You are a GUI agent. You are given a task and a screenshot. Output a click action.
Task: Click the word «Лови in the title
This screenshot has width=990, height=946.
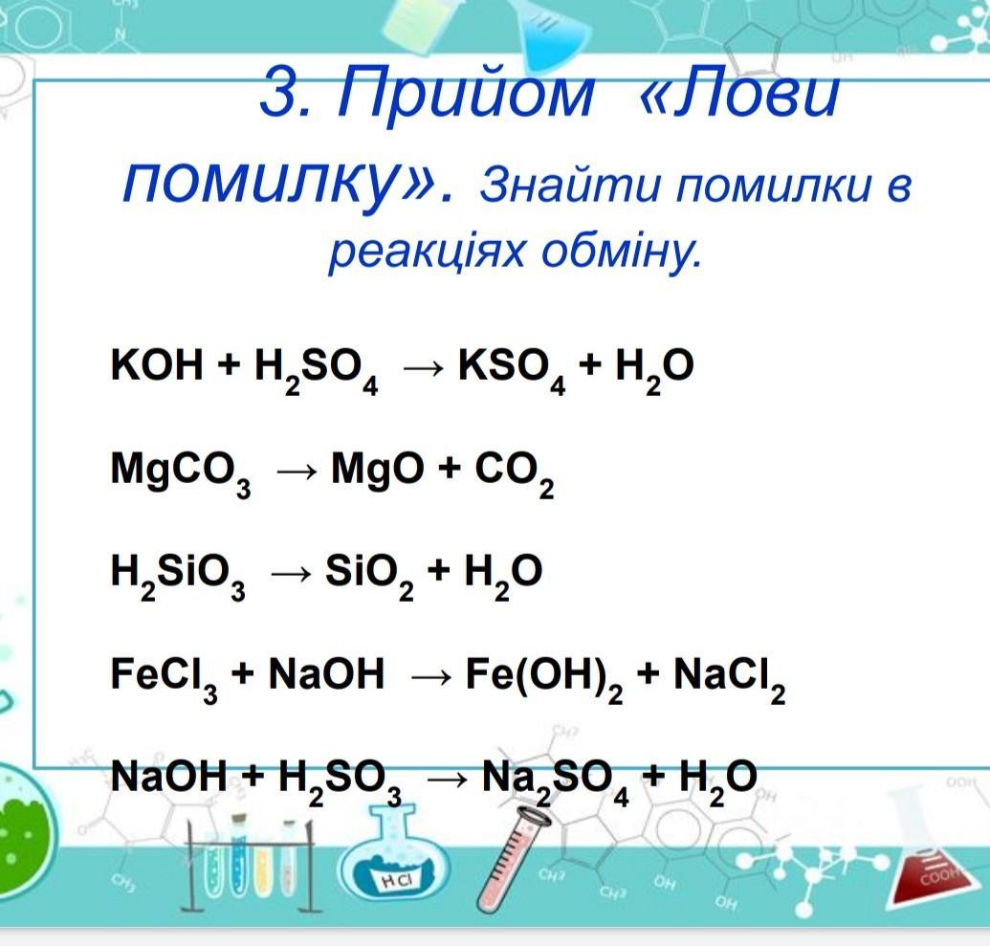coord(739,95)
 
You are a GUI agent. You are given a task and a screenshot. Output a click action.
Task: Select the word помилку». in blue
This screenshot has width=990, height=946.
coord(288,183)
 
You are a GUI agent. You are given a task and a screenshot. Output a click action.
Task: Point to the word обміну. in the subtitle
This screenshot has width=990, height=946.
coord(622,251)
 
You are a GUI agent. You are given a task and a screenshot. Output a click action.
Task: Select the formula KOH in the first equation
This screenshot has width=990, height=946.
coord(157,364)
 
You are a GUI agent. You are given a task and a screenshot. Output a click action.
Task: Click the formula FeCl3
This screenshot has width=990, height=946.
coord(165,679)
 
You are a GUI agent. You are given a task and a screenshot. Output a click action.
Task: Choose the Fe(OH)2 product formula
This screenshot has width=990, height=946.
coord(544,679)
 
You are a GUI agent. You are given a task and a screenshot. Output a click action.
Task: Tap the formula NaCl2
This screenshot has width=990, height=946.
coord(730,679)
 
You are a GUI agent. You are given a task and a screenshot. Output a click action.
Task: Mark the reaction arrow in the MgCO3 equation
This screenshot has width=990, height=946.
coord(296,472)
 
